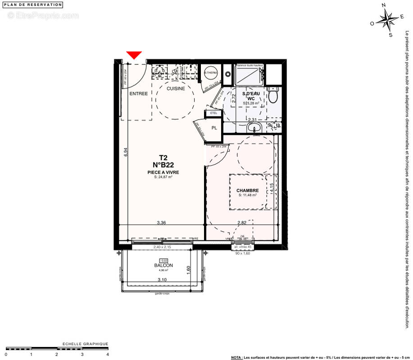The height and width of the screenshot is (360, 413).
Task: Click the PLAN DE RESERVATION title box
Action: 33,4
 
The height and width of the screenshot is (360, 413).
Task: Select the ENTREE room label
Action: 138,94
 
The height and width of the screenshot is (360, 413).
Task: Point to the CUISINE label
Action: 176,89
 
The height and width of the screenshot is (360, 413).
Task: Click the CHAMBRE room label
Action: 248,190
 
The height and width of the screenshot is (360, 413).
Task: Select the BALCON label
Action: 163,265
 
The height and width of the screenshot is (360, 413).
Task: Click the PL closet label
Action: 214,128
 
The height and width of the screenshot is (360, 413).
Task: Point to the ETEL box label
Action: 213,113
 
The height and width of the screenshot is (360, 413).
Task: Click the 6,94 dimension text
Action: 126,152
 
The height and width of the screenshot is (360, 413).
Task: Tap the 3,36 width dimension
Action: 162,222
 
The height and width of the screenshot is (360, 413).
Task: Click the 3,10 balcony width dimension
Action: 162,280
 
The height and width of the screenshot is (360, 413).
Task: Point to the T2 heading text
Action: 163,157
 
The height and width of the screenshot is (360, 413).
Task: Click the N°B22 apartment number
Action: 163,165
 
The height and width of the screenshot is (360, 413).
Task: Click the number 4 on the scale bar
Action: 108,355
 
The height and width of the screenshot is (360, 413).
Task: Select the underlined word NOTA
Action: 236,357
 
